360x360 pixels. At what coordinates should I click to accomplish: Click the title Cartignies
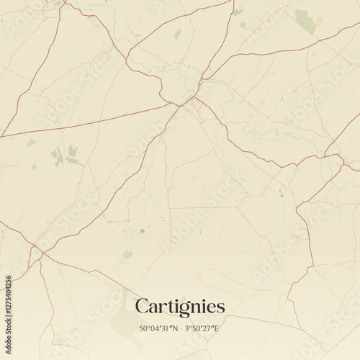tap(180, 307)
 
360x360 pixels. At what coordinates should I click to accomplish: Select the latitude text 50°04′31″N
tap(159, 329)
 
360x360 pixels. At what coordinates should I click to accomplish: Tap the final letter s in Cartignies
tap(220, 308)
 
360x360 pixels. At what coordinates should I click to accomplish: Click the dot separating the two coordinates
tap(181, 329)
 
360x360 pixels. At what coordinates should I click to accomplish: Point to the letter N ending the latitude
tap(175, 329)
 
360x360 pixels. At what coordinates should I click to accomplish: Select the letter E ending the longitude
tap(217, 329)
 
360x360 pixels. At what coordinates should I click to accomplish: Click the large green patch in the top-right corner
tap(305, 22)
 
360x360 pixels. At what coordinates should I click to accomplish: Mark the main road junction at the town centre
tap(189, 99)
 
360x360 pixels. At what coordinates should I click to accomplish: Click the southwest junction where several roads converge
tap(42, 253)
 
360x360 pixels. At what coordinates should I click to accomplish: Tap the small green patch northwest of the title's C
tap(127, 254)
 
